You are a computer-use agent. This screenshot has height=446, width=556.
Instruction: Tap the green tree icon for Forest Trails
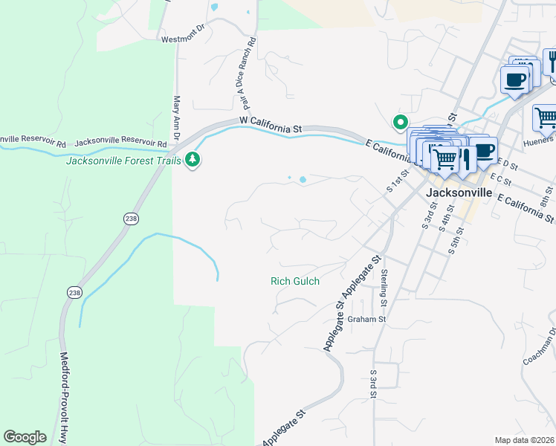(193, 159)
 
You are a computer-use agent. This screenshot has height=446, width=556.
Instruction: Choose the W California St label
(270, 124)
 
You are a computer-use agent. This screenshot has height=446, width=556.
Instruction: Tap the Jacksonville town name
(459, 192)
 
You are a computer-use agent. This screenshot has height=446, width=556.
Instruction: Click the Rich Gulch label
(294, 281)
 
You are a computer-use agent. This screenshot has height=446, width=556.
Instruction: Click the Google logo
(25, 437)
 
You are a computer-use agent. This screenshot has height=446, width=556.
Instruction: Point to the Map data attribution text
(525, 440)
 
